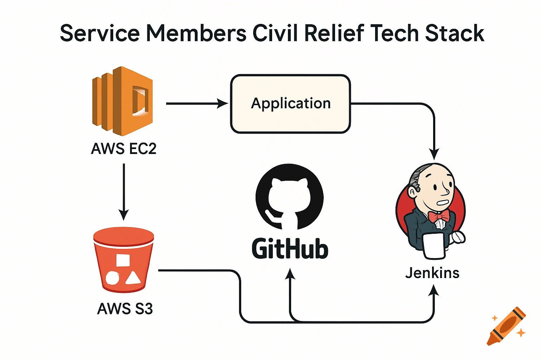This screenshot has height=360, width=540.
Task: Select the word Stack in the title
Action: coord(455,33)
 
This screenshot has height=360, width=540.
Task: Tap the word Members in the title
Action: coord(196,33)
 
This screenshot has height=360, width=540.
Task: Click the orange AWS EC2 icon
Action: coord(122,101)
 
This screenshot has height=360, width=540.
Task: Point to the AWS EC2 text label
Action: coord(123,149)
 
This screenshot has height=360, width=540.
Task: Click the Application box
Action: coord(290,104)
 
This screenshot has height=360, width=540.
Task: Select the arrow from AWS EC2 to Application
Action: coord(197,104)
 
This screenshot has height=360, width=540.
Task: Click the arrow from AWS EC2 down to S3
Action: coord(124,192)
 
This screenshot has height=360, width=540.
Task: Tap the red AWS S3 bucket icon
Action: coord(123,260)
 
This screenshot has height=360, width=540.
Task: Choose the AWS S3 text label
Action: coord(125,309)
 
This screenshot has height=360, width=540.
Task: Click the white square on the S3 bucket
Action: coord(123,261)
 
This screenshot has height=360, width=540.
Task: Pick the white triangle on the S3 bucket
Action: coord(133,278)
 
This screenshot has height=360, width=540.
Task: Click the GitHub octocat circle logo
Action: coord(289,197)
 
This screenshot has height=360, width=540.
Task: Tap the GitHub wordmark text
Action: coord(290,249)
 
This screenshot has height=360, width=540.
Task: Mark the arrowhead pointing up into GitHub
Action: coord(290,274)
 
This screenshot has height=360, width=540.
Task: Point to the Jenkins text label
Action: coord(432,273)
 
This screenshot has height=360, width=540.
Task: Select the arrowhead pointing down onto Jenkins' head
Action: coord(434,154)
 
